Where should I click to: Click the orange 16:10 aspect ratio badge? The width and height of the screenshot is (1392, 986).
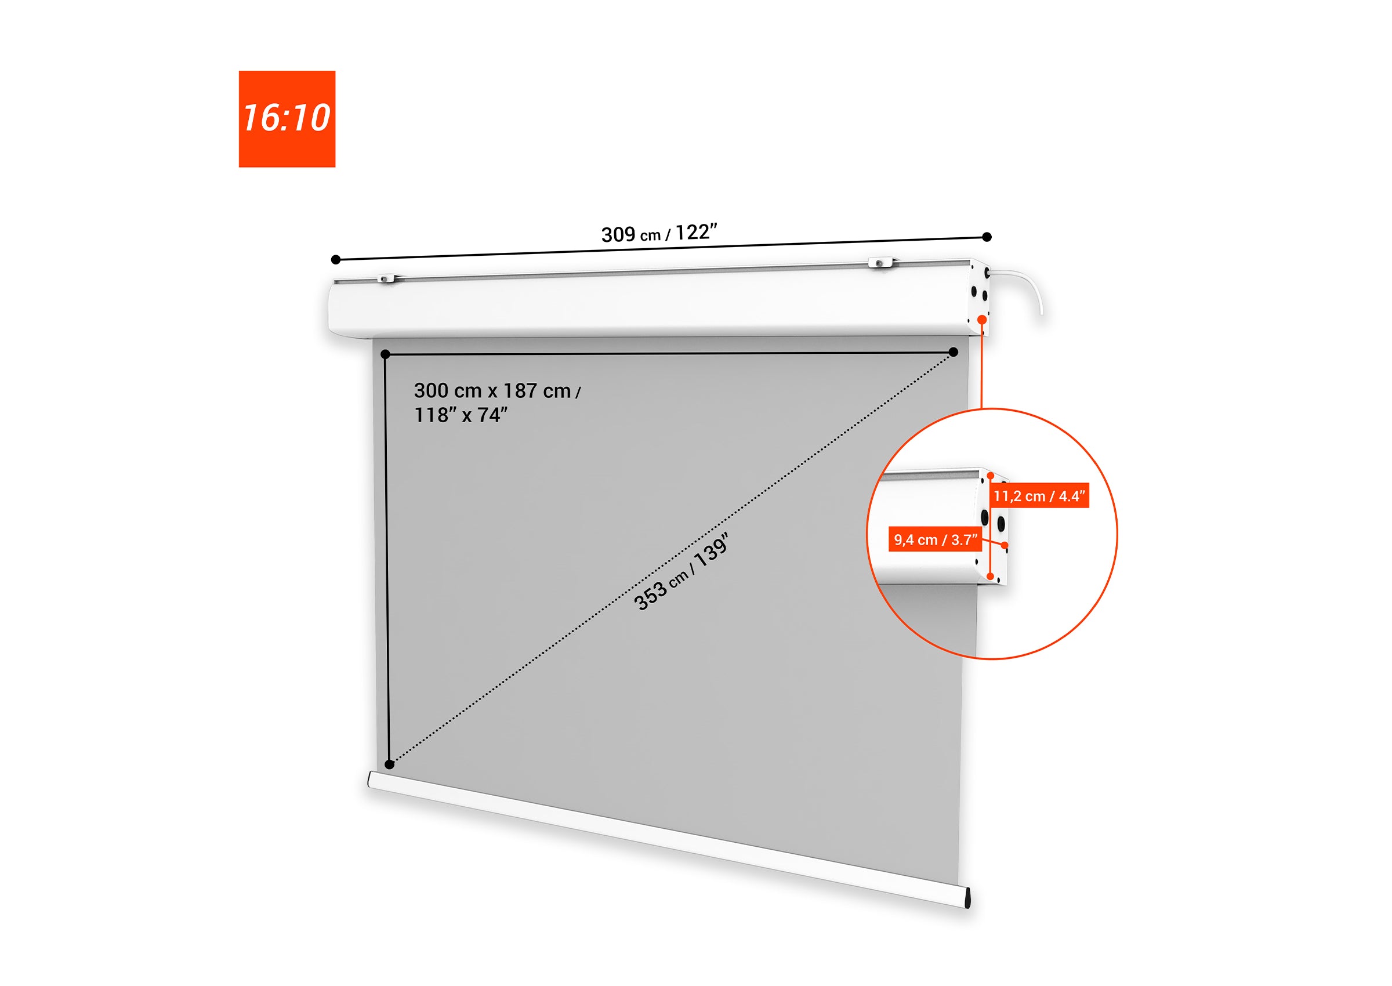coord(287,119)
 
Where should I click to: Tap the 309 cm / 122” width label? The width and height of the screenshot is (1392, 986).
coord(659,233)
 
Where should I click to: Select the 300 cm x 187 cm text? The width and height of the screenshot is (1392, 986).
coord(492,391)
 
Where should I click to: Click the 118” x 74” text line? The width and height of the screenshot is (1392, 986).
coord(461,415)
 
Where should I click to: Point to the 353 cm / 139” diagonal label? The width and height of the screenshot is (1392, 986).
coord(680,572)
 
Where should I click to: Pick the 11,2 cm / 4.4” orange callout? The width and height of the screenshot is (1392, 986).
coord(1039,496)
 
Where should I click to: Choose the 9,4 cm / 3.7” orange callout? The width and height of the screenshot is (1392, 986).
coord(935,540)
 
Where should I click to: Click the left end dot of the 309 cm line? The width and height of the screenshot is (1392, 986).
coord(336,260)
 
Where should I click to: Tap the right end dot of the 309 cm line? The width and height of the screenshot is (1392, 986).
coord(987,237)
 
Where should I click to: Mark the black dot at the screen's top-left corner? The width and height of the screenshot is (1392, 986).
coord(385,354)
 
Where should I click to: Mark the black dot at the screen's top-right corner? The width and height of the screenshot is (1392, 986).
coord(954,352)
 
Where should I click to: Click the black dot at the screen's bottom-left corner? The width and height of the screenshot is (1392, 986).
coord(390,764)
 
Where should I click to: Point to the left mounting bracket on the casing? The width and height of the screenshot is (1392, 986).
coord(386,278)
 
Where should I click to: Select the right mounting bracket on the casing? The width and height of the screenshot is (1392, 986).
coord(882,262)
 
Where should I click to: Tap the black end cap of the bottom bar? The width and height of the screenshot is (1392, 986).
coord(967,897)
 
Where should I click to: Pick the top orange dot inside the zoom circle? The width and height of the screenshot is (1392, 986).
coord(991,476)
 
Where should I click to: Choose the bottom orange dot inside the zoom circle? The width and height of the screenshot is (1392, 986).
coord(991,576)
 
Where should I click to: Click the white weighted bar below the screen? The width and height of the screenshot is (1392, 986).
coord(668,839)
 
